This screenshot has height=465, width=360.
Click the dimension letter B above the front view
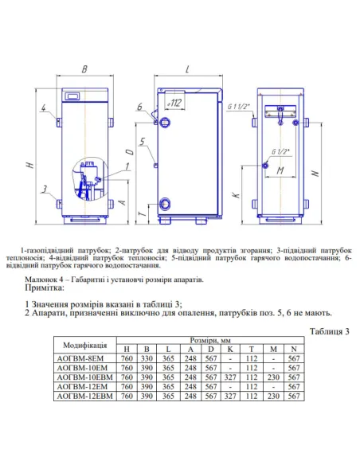pos(84,59)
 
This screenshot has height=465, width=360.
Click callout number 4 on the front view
pos(45,107)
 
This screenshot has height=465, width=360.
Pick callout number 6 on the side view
pos(140,107)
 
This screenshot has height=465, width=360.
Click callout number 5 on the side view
pos(140,142)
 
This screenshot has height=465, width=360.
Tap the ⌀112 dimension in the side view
pos(176,103)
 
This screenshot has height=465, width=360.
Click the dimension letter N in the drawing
pos(318,173)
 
